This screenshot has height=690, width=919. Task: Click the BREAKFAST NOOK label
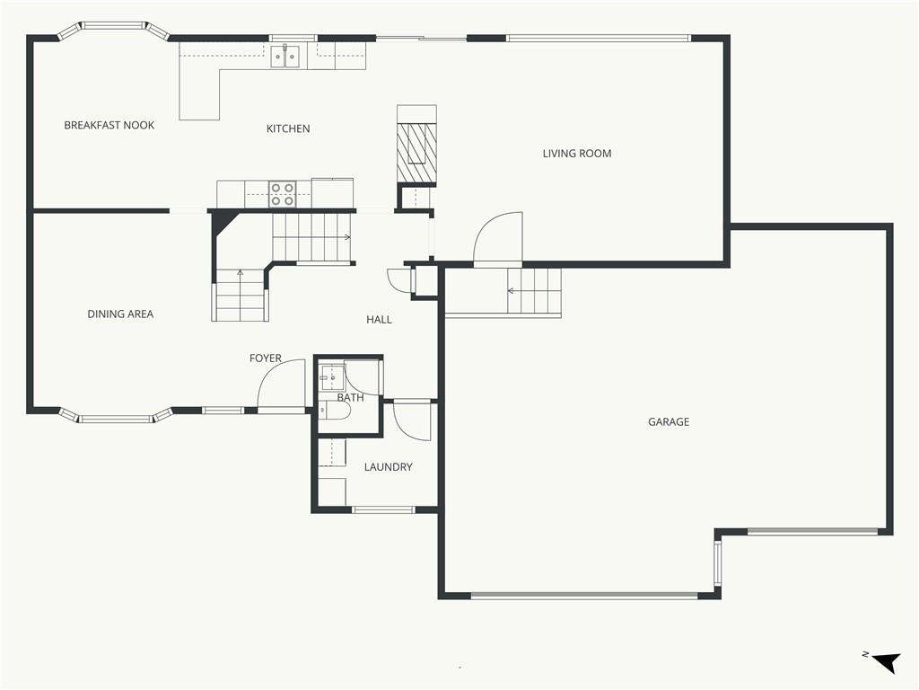click(109, 125)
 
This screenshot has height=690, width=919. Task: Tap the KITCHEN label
click(288, 128)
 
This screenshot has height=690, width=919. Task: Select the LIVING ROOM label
click(577, 153)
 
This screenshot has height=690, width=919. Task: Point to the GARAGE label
click(668, 421)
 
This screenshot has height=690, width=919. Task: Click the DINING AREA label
click(120, 314)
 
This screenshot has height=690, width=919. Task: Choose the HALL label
click(379, 319)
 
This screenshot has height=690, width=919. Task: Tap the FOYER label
click(265, 358)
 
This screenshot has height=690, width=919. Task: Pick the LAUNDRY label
click(388, 466)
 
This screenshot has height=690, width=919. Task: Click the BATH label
click(350, 397)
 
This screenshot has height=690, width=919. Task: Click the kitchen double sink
click(284, 57)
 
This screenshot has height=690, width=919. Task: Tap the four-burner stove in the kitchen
click(282, 194)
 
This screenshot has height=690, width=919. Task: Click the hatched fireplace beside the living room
click(416, 153)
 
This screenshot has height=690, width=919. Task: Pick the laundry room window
click(383, 509)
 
